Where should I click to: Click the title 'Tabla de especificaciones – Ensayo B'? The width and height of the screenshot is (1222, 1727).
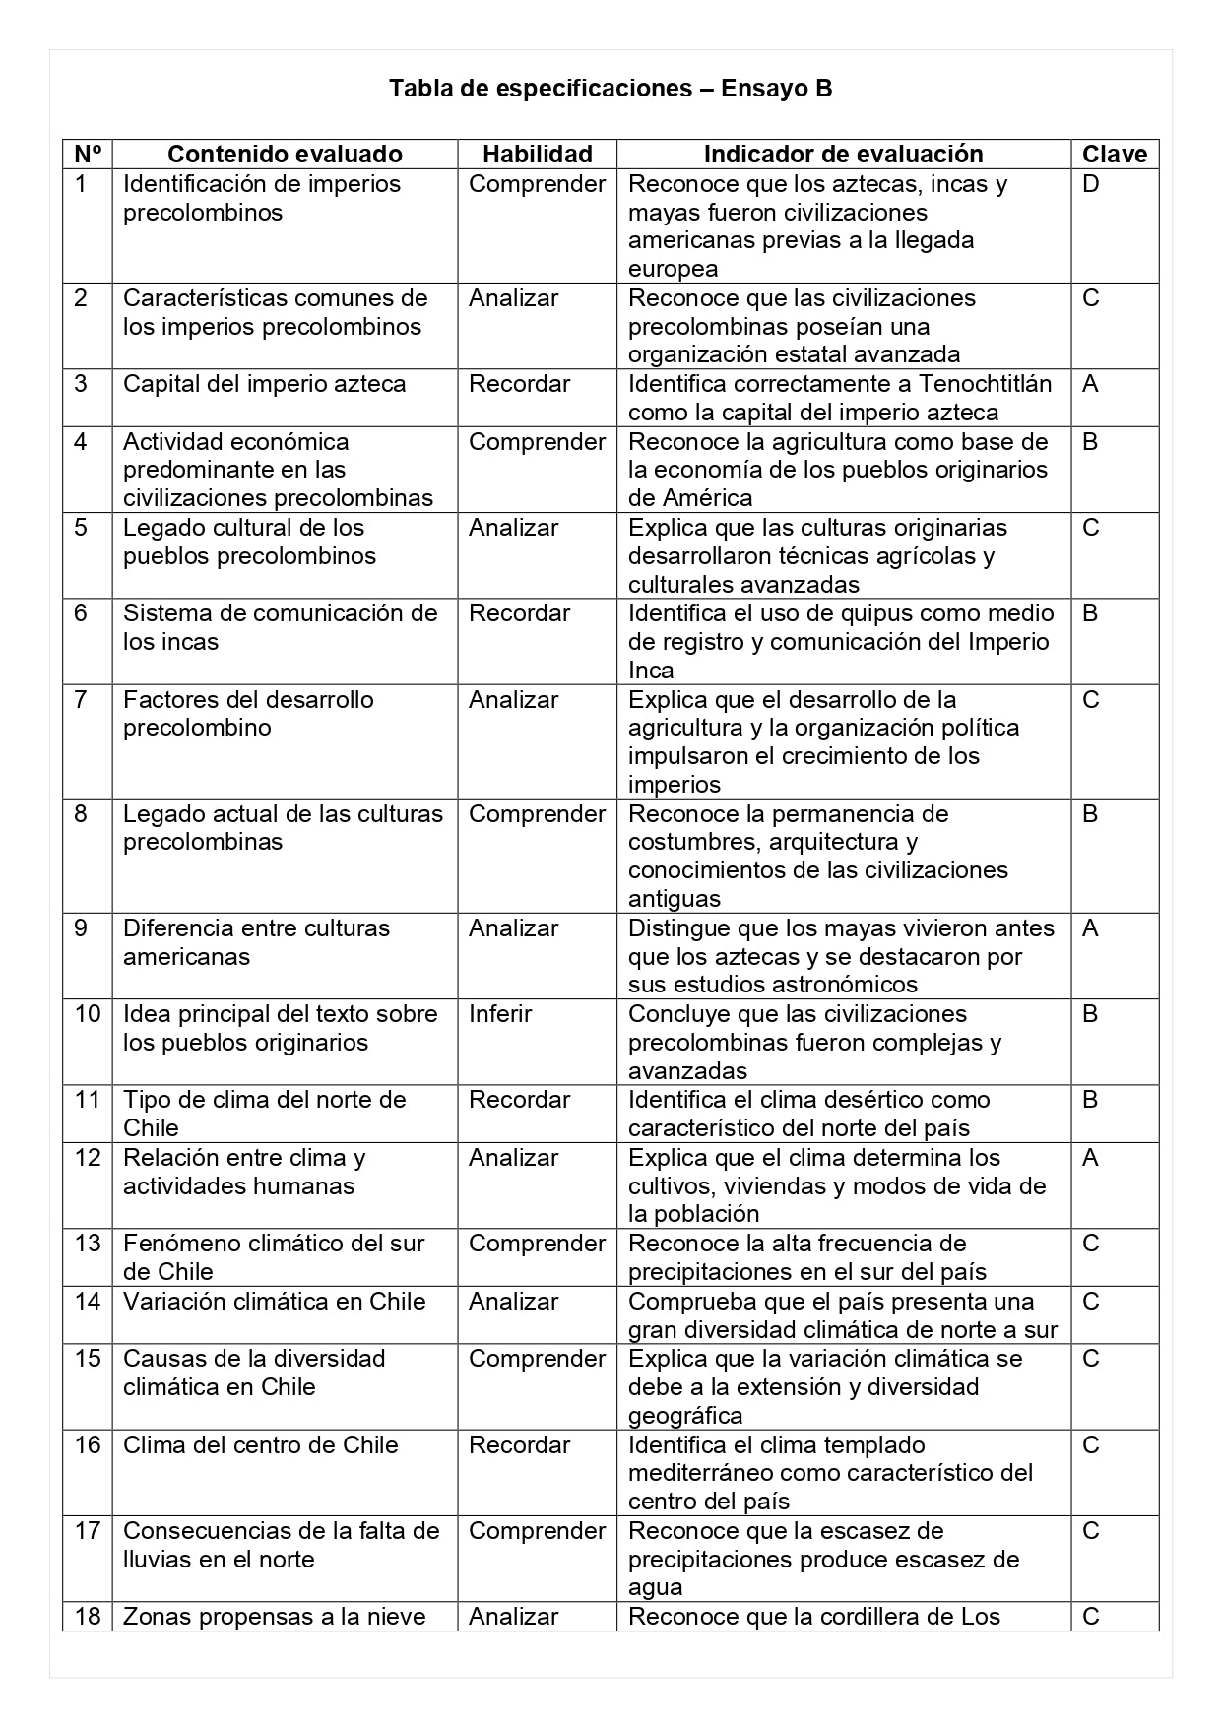[x=611, y=89]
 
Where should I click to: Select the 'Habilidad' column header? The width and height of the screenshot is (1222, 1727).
[x=537, y=155]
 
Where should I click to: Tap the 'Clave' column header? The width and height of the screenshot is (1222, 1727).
[x=1115, y=155]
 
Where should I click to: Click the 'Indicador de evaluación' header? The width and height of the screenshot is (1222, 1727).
[x=843, y=155]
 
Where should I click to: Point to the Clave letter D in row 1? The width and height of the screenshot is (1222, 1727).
[x=1090, y=184]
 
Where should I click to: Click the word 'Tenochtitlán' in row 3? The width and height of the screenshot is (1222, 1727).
[x=985, y=384]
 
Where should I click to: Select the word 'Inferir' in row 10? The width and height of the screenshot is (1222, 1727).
[x=500, y=1014]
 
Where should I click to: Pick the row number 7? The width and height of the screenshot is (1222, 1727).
[x=81, y=700]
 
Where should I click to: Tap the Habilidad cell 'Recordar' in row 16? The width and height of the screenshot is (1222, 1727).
[x=519, y=1445]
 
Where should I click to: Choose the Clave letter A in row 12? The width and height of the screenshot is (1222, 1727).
[x=1090, y=1158]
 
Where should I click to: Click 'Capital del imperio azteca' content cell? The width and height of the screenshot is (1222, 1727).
[x=264, y=384]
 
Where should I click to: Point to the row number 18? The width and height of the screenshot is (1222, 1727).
[x=88, y=1617]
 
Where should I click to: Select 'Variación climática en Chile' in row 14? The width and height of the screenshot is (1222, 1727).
[x=274, y=1302]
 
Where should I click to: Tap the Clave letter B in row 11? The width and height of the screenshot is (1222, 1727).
[x=1090, y=1100]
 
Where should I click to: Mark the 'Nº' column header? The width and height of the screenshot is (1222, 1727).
[x=88, y=155]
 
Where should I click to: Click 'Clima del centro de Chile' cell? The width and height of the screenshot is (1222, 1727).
[x=260, y=1445]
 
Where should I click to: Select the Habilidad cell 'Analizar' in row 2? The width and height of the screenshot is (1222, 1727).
[x=513, y=298]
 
